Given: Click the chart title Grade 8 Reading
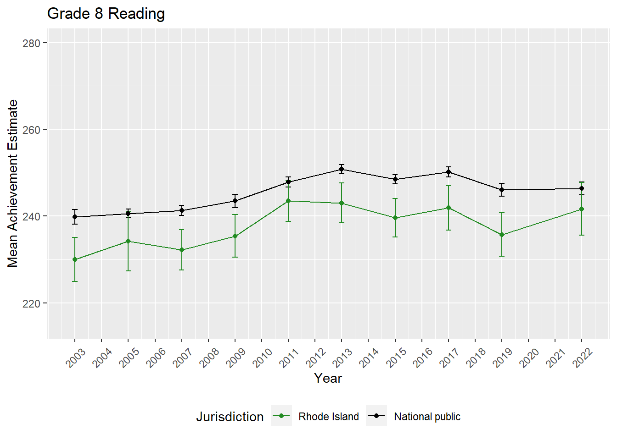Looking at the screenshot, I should tap(106, 14).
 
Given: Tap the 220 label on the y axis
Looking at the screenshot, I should tap(31, 303).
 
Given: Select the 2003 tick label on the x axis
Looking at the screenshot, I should tap(76, 357).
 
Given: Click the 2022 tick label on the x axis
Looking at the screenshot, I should tap(583, 357).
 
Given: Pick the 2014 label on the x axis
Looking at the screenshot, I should tap(369, 357).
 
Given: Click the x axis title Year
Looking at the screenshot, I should tap(328, 378).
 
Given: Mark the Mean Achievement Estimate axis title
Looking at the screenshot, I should tap(13, 183).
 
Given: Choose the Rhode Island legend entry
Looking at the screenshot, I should tap(328, 417).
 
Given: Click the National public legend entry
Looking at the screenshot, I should tap(427, 417).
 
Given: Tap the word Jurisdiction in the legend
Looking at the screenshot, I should tap(230, 417).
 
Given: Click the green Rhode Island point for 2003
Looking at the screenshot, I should tap(75, 259).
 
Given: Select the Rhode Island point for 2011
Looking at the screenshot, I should tap(288, 201).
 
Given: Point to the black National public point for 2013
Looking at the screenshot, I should tap(342, 169).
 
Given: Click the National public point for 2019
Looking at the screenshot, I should tap(502, 190).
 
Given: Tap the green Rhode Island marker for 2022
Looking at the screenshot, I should tap(582, 209).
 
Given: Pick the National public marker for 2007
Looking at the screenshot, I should tap(182, 210).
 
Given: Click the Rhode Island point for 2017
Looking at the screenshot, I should tap(449, 208).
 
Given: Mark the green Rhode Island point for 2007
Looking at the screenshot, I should tap(182, 250).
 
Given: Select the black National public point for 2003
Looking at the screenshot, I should tap(75, 217).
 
